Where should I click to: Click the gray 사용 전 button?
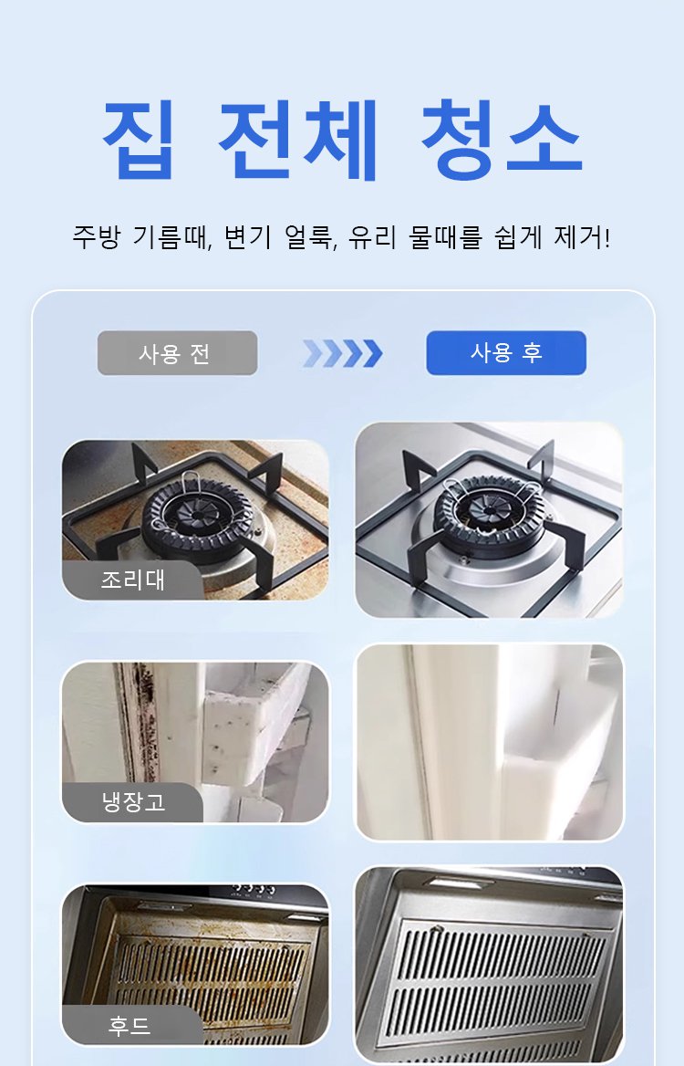(177, 353)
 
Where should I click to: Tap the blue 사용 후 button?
(506, 353)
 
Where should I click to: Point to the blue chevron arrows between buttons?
(342, 353)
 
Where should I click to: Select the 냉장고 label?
(132, 803)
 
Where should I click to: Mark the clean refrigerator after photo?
(489, 742)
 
